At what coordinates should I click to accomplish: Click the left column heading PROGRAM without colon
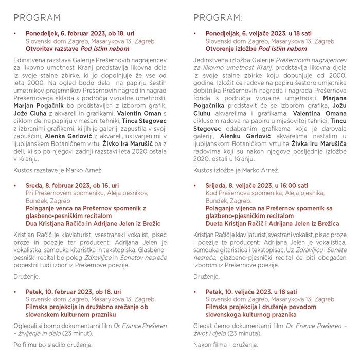click(37, 18)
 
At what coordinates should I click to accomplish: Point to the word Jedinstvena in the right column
click(212, 60)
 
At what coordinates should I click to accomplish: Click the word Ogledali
click(27, 325)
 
